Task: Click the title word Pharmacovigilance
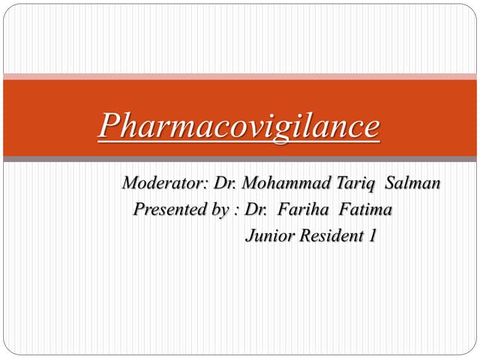(x=239, y=126)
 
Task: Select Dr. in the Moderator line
(x=225, y=183)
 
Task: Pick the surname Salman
(x=413, y=183)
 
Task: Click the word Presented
(x=169, y=209)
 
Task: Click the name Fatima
(x=367, y=209)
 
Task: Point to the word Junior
(x=270, y=235)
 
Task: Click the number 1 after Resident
(x=371, y=235)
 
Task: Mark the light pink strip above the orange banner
(x=239, y=76)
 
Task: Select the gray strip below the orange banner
(x=239, y=159)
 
